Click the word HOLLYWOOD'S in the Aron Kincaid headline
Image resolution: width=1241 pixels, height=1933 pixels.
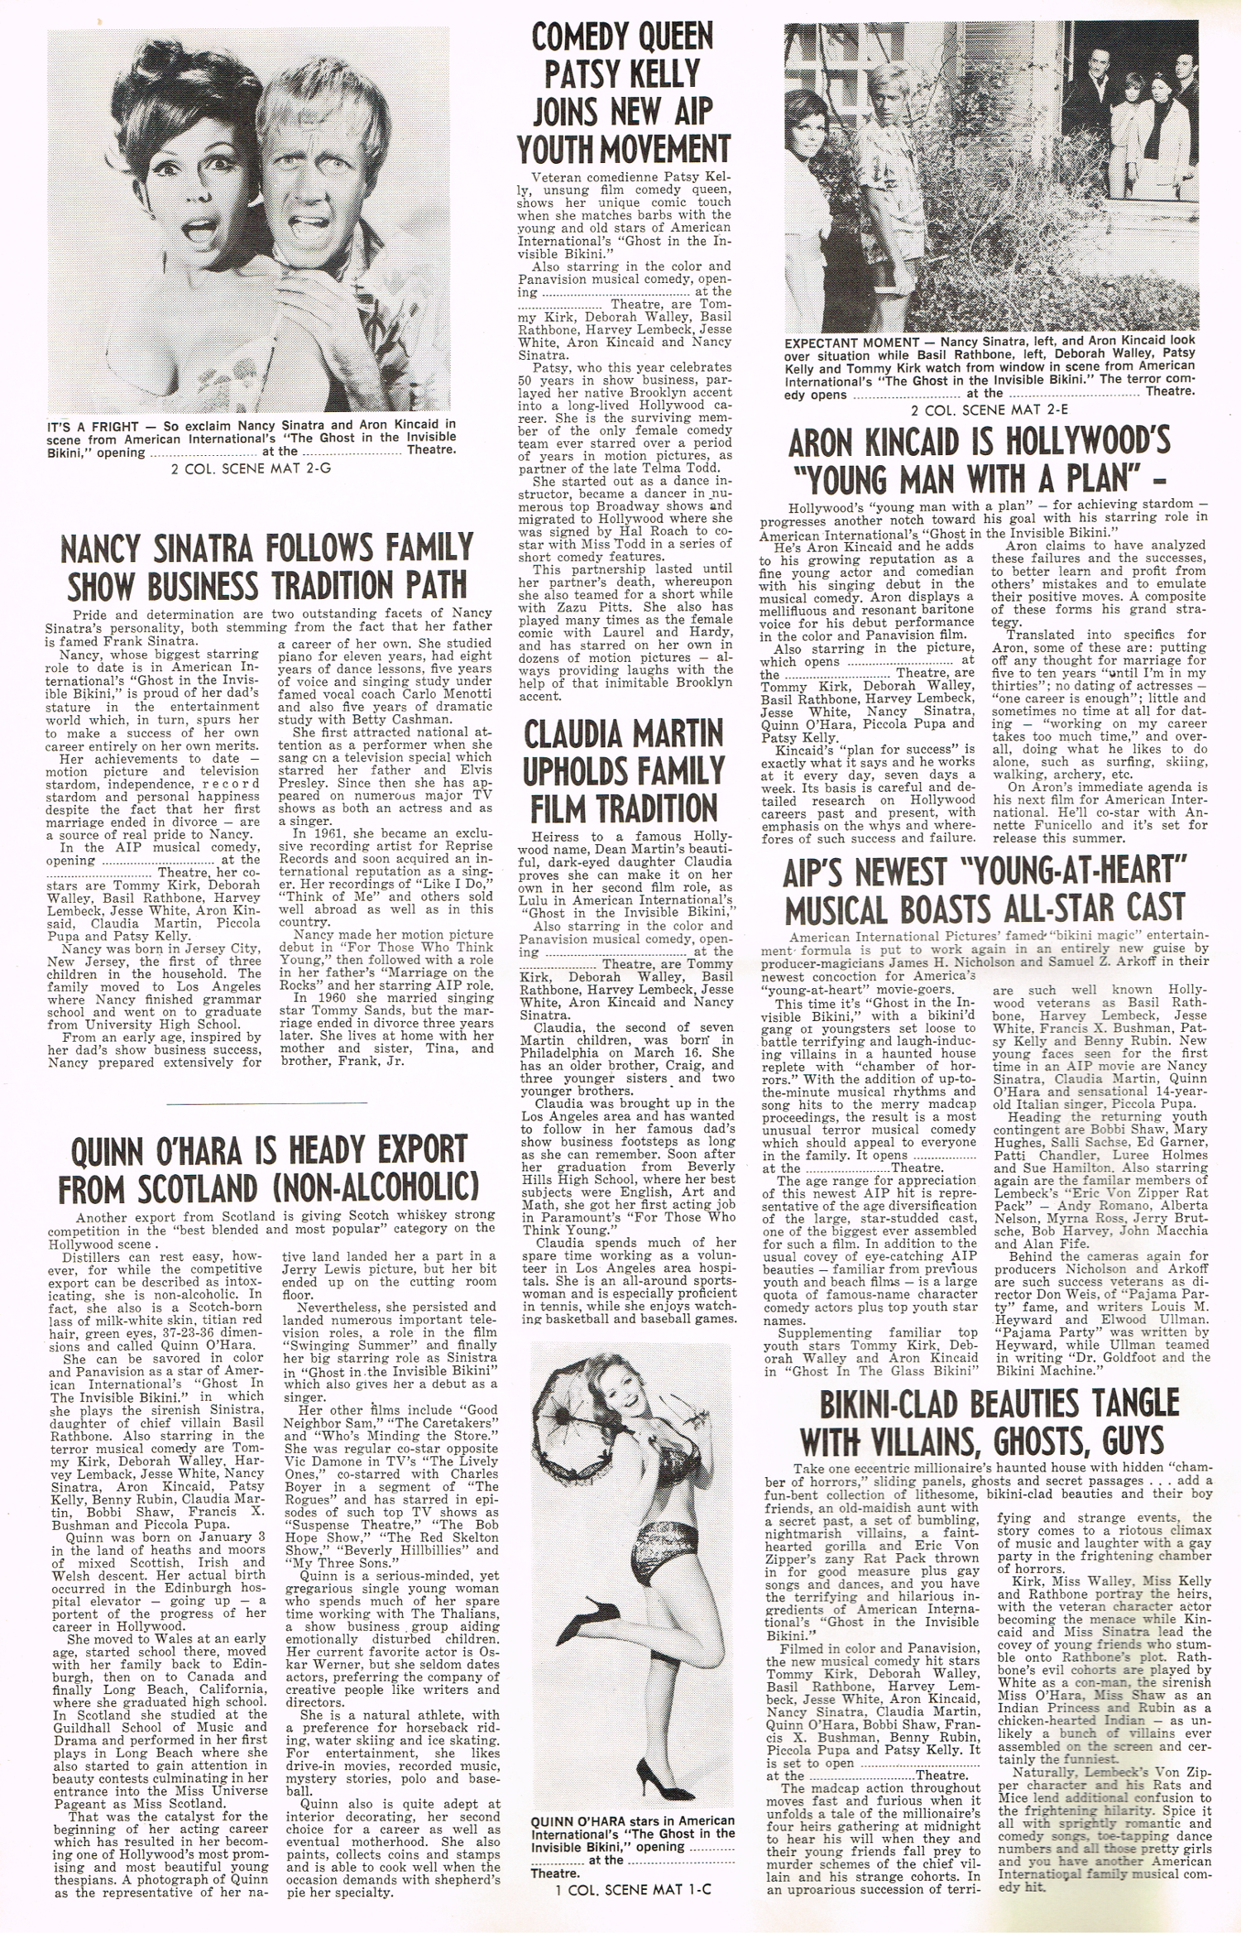pyautogui.click(x=1085, y=442)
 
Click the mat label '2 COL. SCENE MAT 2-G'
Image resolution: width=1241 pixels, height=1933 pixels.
pyautogui.click(x=251, y=468)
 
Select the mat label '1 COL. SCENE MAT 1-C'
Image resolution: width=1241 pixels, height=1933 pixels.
pyautogui.click(x=633, y=1889)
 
